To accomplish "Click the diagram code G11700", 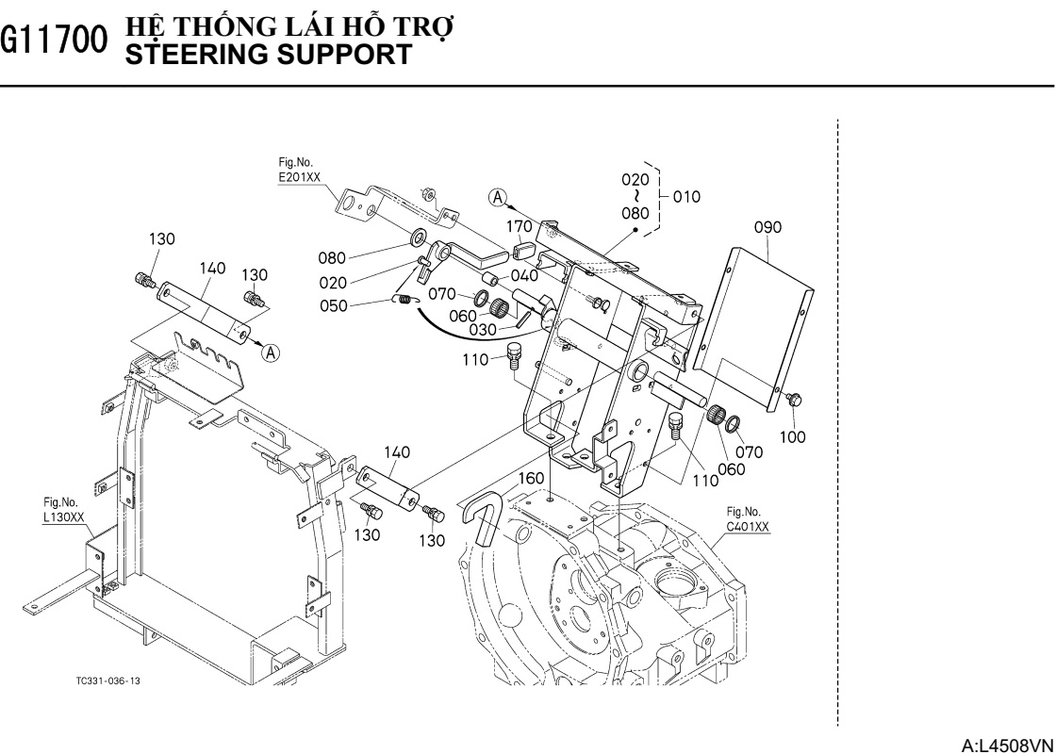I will pos(51,41).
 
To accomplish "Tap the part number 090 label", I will pos(767,227).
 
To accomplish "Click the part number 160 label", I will pos(531,478).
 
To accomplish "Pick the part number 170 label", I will pos(520,226).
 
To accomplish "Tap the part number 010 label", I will pos(687,197).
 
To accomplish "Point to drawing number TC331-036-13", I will pos(111,680).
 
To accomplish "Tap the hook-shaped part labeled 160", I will pos(481,517).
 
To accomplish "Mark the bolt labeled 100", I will pos(792,400).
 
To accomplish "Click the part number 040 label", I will pos(524,275).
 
